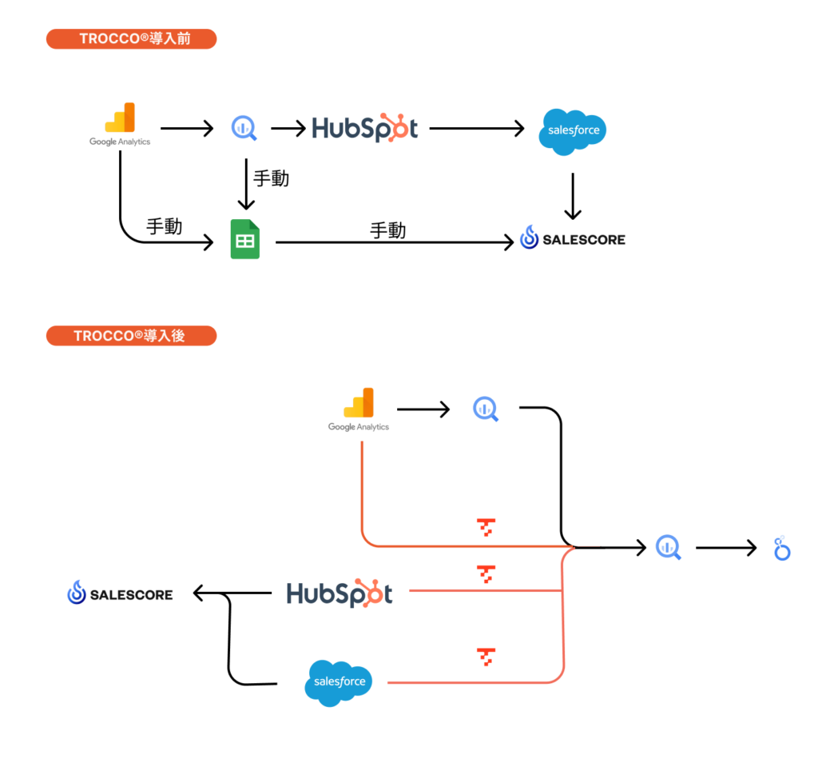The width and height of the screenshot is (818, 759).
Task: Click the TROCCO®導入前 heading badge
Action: (x=131, y=39)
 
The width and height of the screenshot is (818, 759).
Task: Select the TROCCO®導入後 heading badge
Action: (x=131, y=335)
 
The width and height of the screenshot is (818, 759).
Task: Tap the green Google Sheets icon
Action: (x=244, y=239)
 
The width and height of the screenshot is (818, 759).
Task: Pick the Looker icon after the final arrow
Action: (x=781, y=548)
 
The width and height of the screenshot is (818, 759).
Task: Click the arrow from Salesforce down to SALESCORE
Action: (x=572, y=196)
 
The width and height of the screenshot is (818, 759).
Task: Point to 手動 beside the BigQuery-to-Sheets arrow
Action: (x=271, y=178)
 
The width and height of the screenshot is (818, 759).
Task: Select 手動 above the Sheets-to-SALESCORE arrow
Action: (x=388, y=230)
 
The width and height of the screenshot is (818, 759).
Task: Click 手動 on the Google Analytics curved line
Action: (x=165, y=226)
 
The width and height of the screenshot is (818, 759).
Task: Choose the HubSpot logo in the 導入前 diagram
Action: (x=364, y=128)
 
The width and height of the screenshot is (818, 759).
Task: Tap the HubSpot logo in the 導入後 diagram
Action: (x=340, y=593)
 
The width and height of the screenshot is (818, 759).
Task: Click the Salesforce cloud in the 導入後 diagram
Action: (x=340, y=682)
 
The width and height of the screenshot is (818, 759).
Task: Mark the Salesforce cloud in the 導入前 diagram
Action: (x=573, y=130)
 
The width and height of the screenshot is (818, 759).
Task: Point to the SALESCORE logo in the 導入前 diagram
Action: (x=572, y=238)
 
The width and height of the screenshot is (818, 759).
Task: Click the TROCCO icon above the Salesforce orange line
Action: (x=486, y=657)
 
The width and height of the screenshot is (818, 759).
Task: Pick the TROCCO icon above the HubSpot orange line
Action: (x=486, y=573)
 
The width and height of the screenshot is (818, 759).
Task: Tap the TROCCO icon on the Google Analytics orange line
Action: (x=486, y=527)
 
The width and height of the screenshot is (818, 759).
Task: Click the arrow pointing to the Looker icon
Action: (x=725, y=548)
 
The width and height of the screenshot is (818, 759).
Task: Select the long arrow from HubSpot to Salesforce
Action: (x=476, y=128)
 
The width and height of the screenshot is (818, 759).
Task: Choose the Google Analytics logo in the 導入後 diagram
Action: (x=359, y=409)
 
